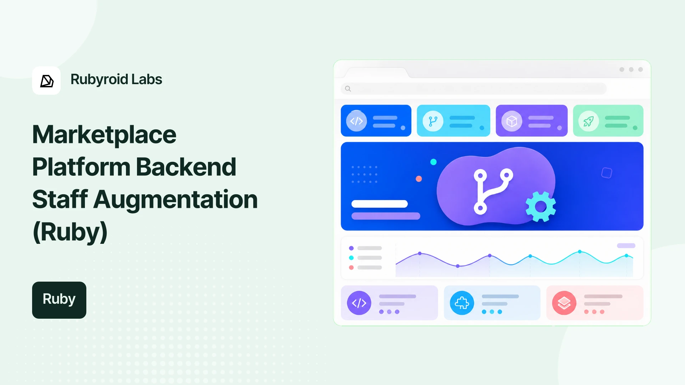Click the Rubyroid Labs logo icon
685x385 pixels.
coord(46,81)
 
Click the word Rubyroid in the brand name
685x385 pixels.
coord(99,79)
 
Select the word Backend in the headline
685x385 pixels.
coord(186,167)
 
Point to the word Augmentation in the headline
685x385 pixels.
coord(176,200)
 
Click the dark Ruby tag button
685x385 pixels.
coord(59,300)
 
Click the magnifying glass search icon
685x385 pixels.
coord(348,89)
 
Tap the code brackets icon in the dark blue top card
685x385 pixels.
coord(356,121)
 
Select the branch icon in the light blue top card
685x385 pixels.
coord(433,121)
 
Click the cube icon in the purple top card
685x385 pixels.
coord(512,121)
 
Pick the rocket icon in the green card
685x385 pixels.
coord(588,121)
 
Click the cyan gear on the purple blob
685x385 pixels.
coord(541,207)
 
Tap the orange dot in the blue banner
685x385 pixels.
coord(419,179)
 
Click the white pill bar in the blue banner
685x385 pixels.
coord(380,204)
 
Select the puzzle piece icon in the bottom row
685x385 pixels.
coord(462,303)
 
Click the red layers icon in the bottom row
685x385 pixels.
coord(564,303)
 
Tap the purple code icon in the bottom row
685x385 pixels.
coord(359,303)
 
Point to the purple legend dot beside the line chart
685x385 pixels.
coord(351,248)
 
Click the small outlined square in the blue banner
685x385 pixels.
coord(607,173)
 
